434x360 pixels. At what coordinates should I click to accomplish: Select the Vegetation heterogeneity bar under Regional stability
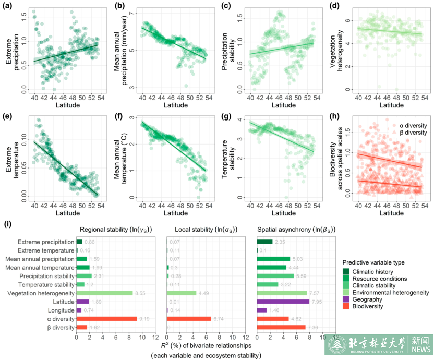tap(104, 293)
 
